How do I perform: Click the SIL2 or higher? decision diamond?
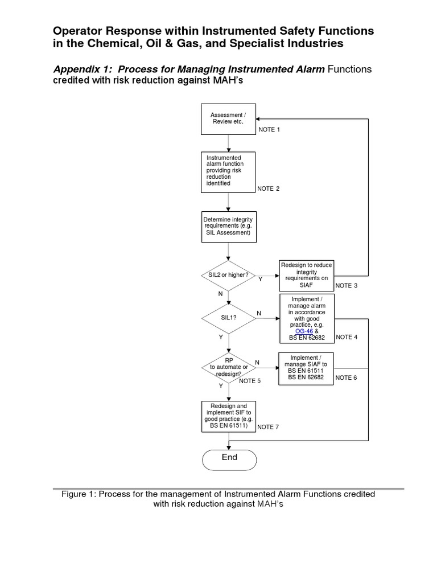[228, 276]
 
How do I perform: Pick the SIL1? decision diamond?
[228, 318]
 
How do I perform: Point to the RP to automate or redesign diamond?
[228, 367]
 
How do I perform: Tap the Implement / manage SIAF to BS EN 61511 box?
[306, 368]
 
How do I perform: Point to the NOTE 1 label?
[270, 130]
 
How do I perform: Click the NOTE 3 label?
[347, 285]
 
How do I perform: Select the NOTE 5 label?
[250, 381]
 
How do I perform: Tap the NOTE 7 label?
[268, 427]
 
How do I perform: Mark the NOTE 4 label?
[347, 337]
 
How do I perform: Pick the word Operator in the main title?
[76, 31]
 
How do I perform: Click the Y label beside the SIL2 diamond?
[261, 280]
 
